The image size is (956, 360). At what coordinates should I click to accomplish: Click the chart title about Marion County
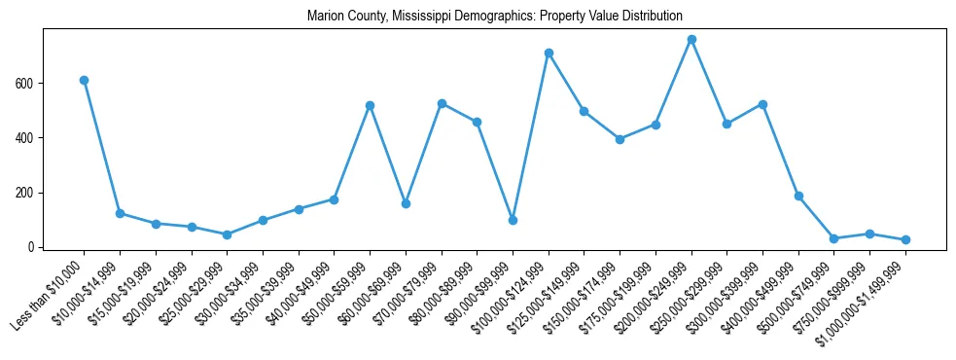[494, 17]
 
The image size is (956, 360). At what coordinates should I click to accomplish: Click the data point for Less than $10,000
[84, 80]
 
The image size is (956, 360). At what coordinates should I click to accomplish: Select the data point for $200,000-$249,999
[691, 40]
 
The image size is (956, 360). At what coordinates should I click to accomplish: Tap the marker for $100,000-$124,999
[549, 53]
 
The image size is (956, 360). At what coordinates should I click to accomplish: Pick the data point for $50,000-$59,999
[370, 105]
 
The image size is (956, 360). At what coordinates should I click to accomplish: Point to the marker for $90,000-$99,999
[513, 220]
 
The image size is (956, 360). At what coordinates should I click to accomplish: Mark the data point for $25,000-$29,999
[227, 234]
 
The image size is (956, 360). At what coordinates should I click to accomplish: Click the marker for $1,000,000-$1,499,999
[905, 239]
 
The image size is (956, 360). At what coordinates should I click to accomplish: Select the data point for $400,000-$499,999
[798, 196]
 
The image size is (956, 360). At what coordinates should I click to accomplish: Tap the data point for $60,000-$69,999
[406, 203]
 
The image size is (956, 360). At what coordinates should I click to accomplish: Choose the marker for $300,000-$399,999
[762, 104]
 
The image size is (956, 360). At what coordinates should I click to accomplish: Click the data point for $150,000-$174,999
[620, 139]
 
